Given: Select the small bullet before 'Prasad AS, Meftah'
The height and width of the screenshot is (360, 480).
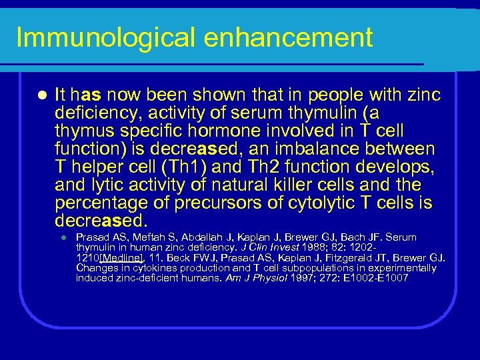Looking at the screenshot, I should click(x=60, y=238).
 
